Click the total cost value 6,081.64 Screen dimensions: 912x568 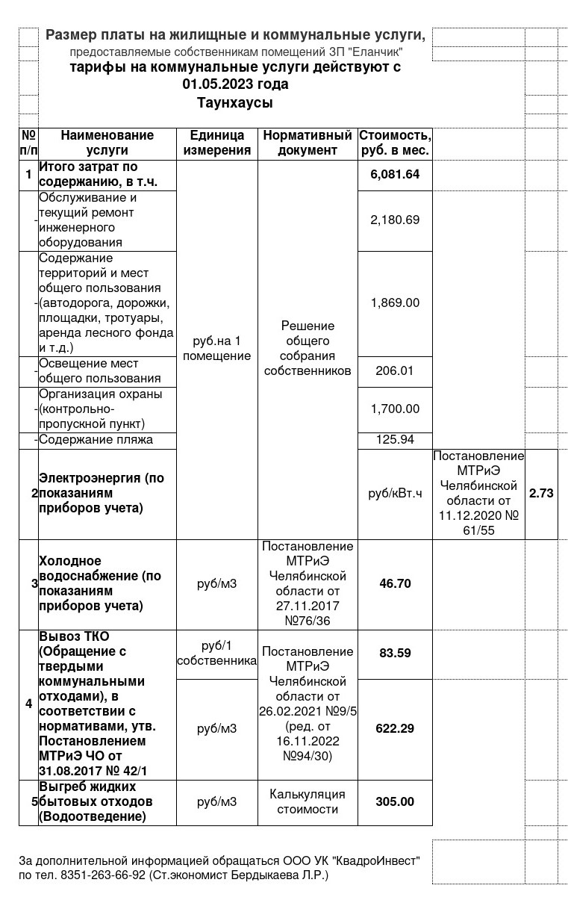pos(395,175)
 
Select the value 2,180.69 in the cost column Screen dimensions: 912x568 pos(395,220)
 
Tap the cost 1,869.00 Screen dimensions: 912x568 pos(395,303)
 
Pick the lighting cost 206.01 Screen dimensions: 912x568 pos(395,370)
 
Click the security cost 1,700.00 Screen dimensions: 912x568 pos(395,409)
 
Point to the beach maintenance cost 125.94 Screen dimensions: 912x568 pos(395,439)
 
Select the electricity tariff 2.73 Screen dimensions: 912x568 pos(541,493)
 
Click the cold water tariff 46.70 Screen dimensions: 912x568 pos(395,583)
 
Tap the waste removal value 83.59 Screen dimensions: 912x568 pos(395,653)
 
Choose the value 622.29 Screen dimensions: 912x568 pos(395,728)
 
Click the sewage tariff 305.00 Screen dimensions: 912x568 pos(395,801)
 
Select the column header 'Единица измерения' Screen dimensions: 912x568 pos(217,143)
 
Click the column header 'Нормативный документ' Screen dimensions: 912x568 pos(308,143)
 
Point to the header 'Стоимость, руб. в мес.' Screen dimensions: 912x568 pos(395,143)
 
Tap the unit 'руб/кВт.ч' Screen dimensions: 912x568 pos(395,493)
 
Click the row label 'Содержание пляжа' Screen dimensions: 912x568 pos(96,439)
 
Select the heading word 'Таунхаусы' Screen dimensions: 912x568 pos(235,103)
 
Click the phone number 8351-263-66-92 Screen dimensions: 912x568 pos(103,875)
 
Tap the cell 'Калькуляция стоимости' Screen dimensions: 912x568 pos(308,801)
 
